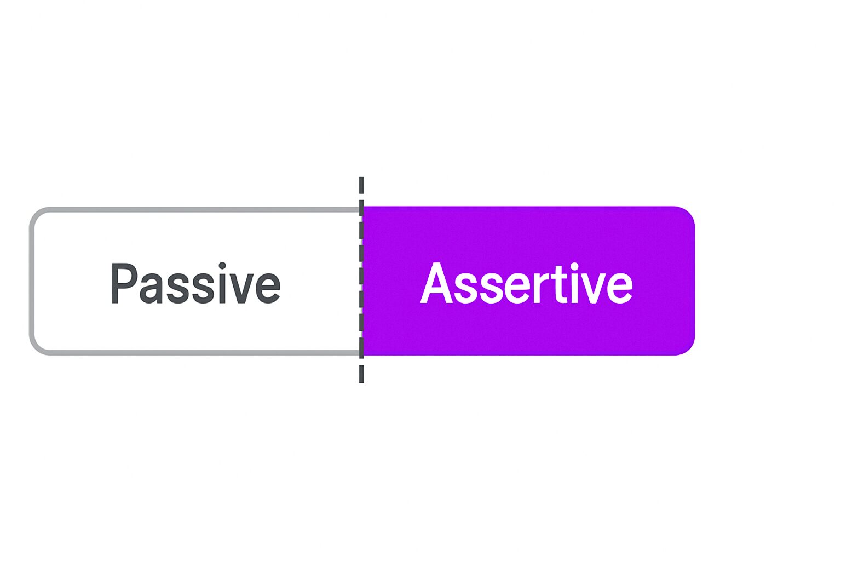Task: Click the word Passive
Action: point(195,283)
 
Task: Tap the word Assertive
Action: point(526,283)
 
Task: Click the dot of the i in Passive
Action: point(222,266)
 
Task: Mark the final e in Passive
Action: point(267,289)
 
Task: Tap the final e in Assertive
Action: point(619,289)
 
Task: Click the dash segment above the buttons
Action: point(361,185)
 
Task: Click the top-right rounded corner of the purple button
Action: point(688,214)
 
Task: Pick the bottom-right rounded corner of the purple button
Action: point(688,347)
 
